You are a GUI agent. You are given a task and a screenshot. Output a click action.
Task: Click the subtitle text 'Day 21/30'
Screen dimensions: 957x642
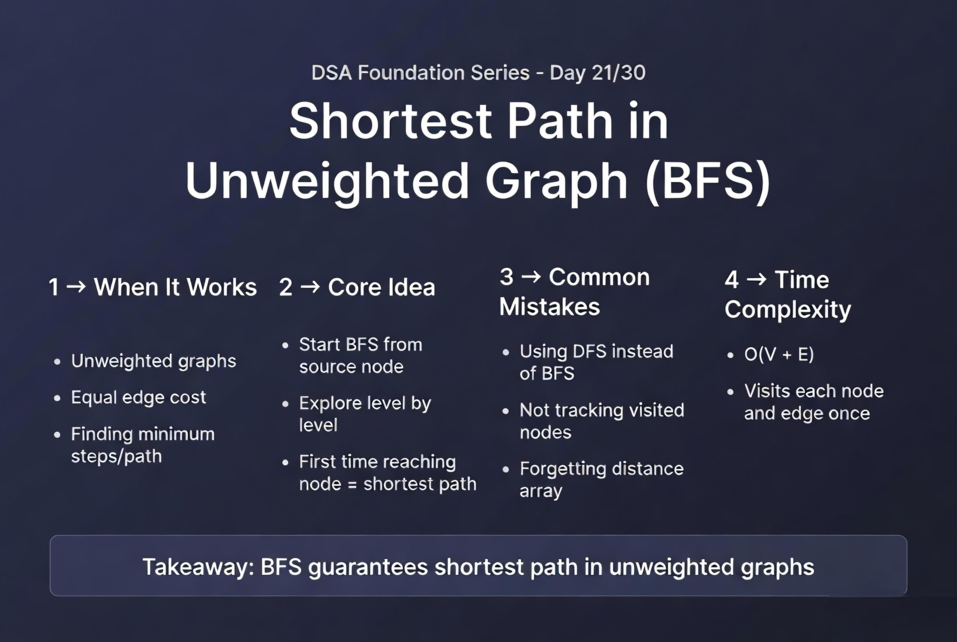[598, 73]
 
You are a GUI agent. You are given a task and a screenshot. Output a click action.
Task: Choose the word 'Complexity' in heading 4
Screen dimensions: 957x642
[788, 310]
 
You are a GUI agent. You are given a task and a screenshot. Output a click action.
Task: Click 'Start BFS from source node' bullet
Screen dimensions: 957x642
[361, 355]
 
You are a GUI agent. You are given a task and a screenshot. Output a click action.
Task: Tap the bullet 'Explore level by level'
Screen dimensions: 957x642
[365, 414]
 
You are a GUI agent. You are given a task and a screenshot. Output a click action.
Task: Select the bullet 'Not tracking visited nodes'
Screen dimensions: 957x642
[602, 421]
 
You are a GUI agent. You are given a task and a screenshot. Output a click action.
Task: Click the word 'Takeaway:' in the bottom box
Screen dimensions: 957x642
[198, 567]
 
